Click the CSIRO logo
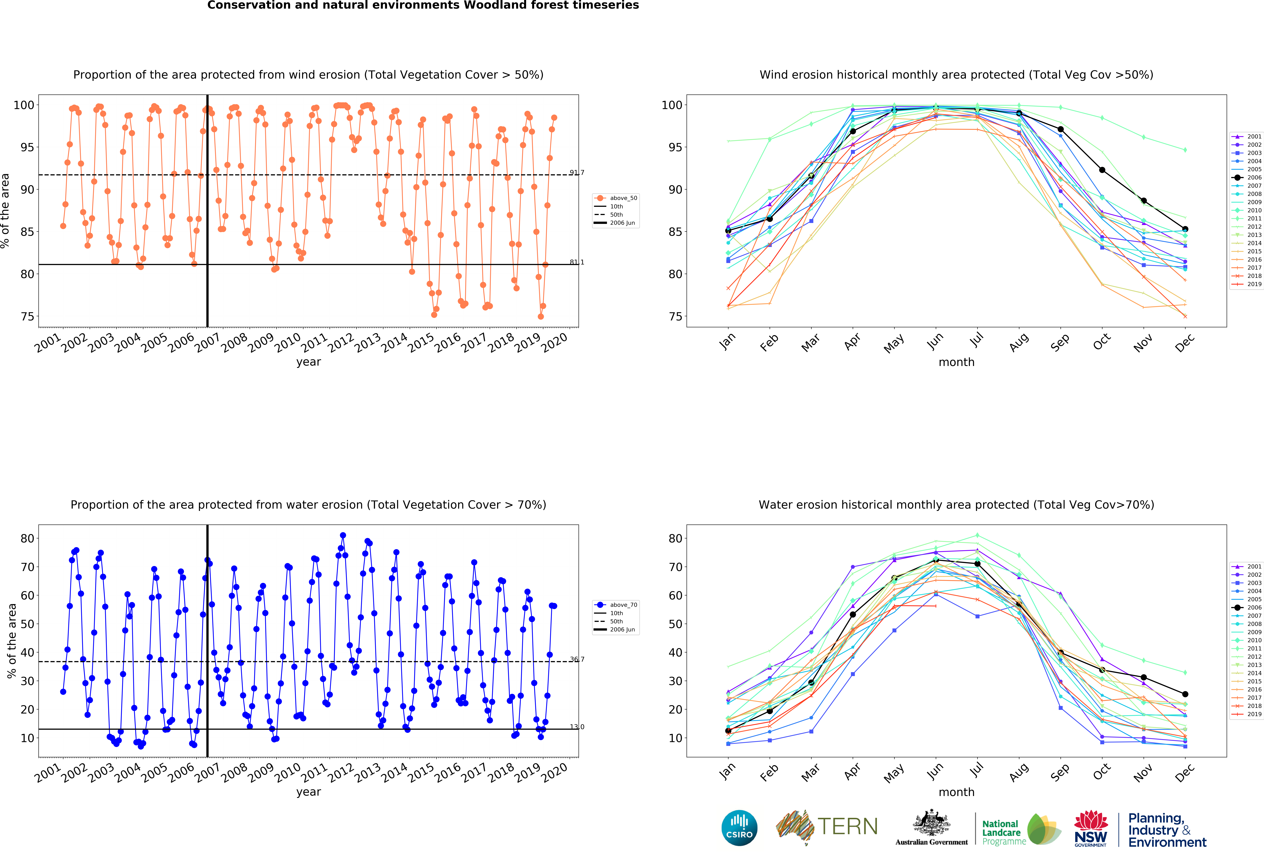[739, 828]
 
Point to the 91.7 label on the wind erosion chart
[577, 173]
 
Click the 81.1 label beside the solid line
[577, 262]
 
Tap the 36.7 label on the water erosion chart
[577, 659]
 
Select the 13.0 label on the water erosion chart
[577, 727]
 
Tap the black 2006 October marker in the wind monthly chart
[1102, 170]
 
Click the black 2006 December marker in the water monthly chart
[1185, 694]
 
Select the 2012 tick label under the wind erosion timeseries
[341, 342]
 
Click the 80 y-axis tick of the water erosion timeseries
[27, 538]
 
